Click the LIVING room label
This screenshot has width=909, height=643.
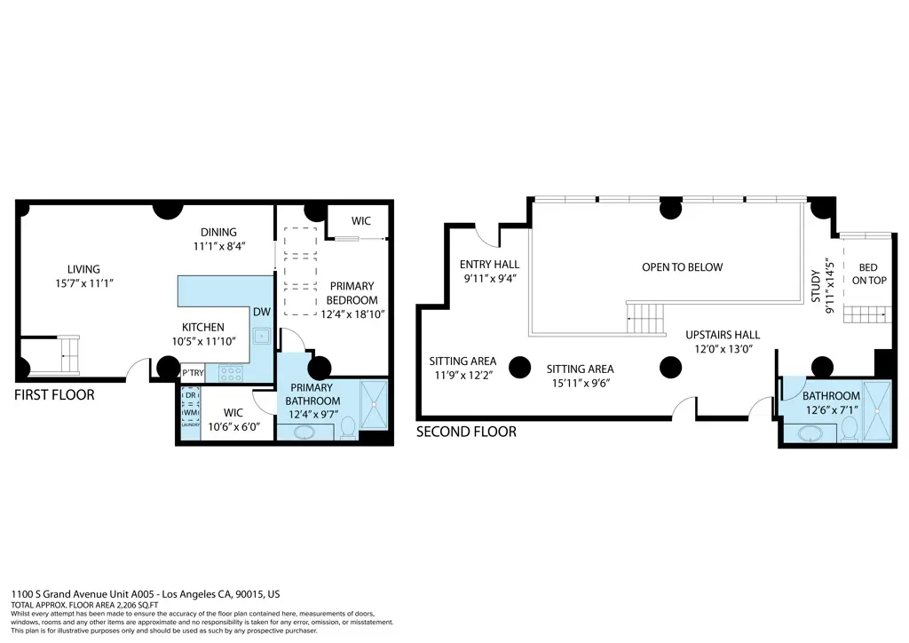(83, 269)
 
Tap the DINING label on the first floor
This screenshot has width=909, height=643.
(217, 233)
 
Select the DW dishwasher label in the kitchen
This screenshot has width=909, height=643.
(261, 312)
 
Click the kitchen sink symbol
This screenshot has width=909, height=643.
(261, 337)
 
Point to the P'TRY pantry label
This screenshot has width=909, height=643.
(193, 373)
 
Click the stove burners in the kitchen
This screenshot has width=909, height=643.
(230, 374)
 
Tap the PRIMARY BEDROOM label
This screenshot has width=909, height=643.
(352, 293)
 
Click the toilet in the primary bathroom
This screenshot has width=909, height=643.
(347, 429)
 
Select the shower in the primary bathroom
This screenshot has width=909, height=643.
(375, 405)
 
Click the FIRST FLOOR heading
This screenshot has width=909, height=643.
(54, 394)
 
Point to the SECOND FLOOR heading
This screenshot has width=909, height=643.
(466, 432)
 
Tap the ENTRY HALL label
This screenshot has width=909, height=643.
(489, 265)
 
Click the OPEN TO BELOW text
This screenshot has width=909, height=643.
(682, 267)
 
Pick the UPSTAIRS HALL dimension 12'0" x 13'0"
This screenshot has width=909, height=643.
(723, 349)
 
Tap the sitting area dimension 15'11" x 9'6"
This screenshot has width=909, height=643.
(580, 383)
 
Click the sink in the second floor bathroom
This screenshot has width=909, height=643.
(810, 433)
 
